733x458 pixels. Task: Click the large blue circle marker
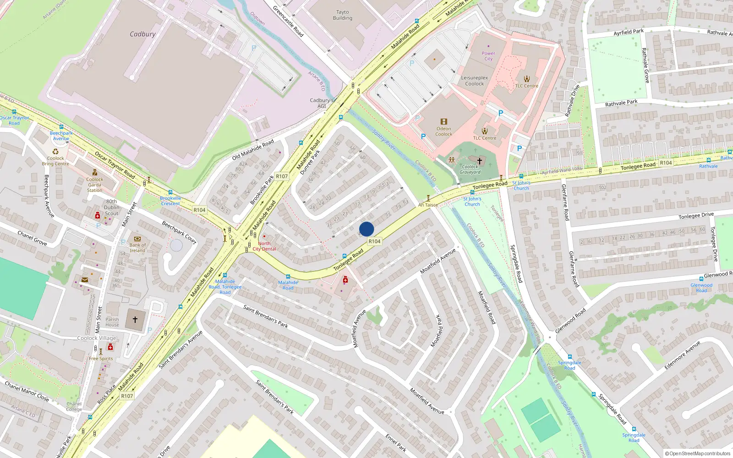[x=366, y=229]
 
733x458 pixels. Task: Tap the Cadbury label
[x=142, y=34]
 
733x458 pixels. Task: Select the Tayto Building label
[x=343, y=15]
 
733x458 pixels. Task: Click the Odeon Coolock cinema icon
[x=443, y=122]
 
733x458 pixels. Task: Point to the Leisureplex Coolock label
[x=475, y=81]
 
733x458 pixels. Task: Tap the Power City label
[x=488, y=56]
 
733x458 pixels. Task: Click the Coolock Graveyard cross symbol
[x=480, y=161]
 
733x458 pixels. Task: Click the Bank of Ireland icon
[x=137, y=239]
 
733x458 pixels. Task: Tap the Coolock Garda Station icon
[x=95, y=173]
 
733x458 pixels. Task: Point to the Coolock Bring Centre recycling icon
[x=55, y=152]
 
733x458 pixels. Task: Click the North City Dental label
[x=264, y=246]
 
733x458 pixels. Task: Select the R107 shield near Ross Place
[x=127, y=396]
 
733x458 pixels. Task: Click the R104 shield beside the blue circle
[x=374, y=241]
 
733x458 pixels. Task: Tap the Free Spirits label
[x=101, y=359]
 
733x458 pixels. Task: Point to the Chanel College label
[x=74, y=407]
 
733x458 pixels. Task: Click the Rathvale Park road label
[x=621, y=103]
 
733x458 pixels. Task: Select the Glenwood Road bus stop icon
[x=701, y=278]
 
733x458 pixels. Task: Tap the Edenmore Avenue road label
[x=682, y=355]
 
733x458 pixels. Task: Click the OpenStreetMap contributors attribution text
[x=697, y=454]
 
